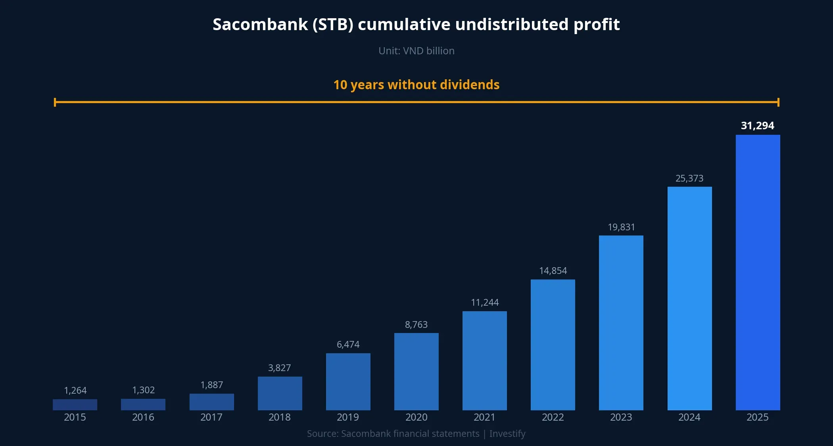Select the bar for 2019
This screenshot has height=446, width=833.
click(x=348, y=381)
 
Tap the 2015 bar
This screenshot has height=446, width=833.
click(x=75, y=404)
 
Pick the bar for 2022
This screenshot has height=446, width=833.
click(x=553, y=345)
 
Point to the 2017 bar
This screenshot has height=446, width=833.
click(x=211, y=402)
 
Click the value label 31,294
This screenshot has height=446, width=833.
click(x=757, y=126)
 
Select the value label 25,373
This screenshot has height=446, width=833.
click(x=689, y=178)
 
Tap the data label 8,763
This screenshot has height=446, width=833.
click(x=416, y=325)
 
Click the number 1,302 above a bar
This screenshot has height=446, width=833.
click(x=143, y=390)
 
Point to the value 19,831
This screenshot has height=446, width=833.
click(x=621, y=227)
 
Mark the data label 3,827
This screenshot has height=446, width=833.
click(x=279, y=368)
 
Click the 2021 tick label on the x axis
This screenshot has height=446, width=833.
click(x=484, y=417)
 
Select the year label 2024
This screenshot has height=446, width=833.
click(x=689, y=417)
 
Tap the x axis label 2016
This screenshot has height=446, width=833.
click(x=143, y=417)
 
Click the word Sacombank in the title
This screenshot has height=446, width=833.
click(x=260, y=25)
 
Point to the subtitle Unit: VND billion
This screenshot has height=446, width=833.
click(x=416, y=51)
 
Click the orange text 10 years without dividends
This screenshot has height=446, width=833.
click(x=416, y=85)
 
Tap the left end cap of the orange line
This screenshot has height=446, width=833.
click(x=55, y=102)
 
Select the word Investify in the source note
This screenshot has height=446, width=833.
click(x=507, y=434)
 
